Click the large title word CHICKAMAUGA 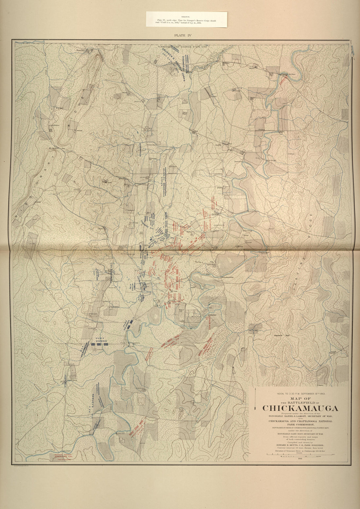pos(300,408)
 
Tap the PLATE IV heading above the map pos(183,35)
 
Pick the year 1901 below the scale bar pos(300,459)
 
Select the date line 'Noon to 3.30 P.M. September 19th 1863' pos(300,393)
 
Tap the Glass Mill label pos(121,434)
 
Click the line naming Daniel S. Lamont pos(300,417)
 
